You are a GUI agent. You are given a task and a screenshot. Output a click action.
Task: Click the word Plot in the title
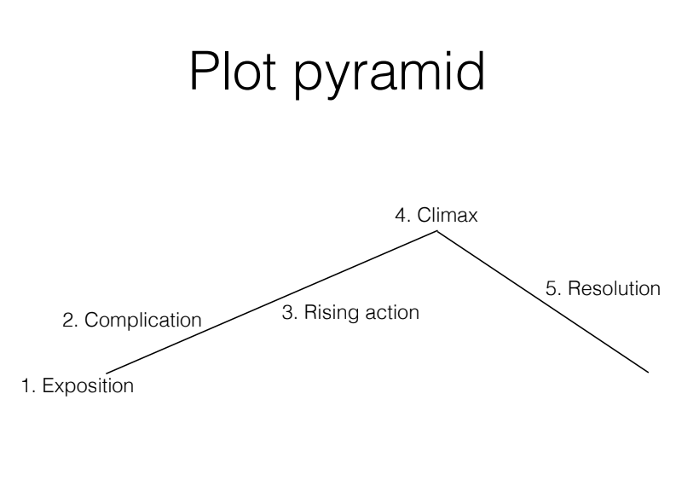point(235,71)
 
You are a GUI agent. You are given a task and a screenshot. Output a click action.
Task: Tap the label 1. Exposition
point(78,385)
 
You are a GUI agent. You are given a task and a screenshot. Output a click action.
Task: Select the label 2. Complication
point(132,321)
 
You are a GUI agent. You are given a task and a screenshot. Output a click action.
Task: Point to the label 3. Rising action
point(350,313)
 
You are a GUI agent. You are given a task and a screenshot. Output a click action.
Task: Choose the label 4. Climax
point(436,215)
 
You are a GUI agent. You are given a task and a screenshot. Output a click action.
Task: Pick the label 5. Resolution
point(603,288)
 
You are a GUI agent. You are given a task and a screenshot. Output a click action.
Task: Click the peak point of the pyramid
point(437,231)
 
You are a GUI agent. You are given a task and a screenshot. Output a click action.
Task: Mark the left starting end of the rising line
point(107,373)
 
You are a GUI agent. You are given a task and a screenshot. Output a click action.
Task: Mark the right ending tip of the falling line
point(649,372)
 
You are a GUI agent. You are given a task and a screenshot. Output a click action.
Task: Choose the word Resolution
point(614,288)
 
